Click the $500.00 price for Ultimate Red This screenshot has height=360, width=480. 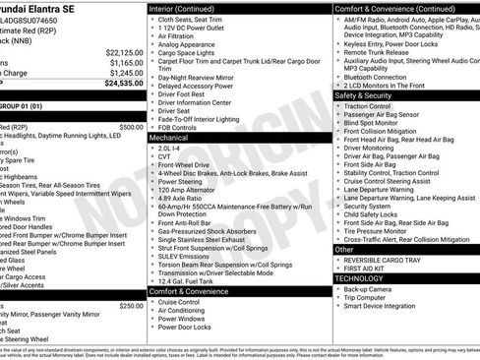[x=131, y=127]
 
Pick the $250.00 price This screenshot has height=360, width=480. [x=131, y=306]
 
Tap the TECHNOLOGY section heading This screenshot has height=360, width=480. [x=362, y=278]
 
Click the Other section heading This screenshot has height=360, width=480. [x=345, y=250]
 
